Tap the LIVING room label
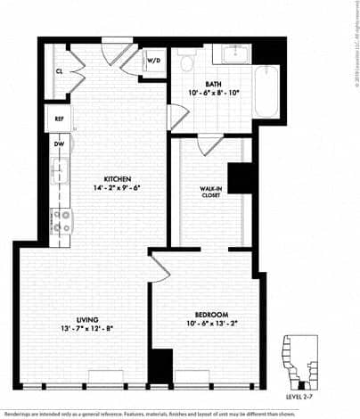pyautogui.click(x=86, y=319)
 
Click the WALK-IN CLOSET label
pyautogui.click(x=210, y=193)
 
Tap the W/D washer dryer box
pyautogui.click(x=153, y=61)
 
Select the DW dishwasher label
pyautogui.click(x=59, y=143)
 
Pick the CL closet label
pyautogui.click(x=59, y=70)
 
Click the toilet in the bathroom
pyautogui.click(x=186, y=61)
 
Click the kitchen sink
pyautogui.click(x=62, y=169)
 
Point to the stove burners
pyautogui.click(x=61, y=220)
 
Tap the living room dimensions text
pyautogui.click(x=86, y=330)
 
